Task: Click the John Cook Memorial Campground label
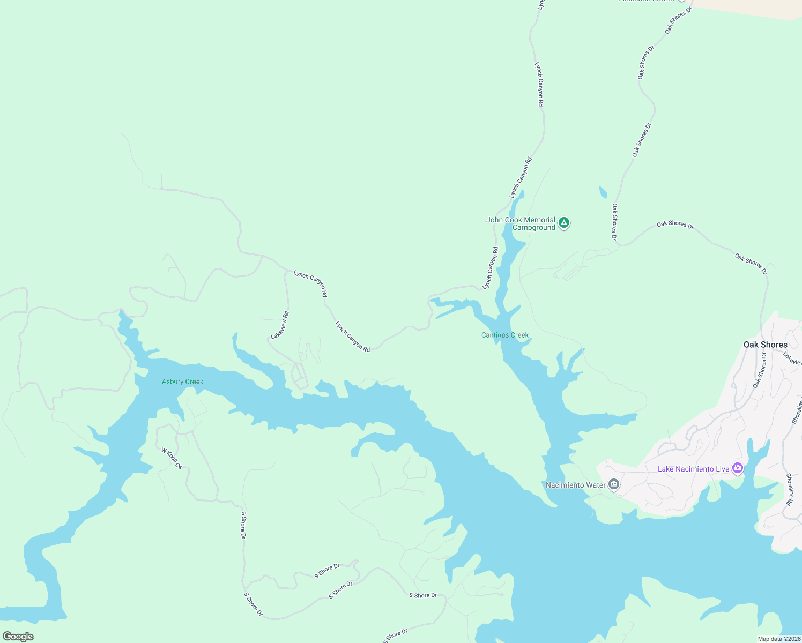click(x=521, y=224)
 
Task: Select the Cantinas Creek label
click(x=504, y=335)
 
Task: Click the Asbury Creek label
click(x=182, y=382)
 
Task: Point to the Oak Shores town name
click(x=765, y=345)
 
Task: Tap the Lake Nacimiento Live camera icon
click(x=738, y=468)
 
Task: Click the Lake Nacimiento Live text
click(x=693, y=469)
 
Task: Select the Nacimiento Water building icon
click(x=614, y=485)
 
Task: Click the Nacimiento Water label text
click(x=575, y=485)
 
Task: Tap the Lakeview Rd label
click(x=280, y=325)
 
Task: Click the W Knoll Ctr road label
click(x=172, y=459)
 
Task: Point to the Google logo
click(x=18, y=637)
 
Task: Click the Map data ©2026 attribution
click(x=778, y=639)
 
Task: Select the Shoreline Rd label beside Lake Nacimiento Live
click(x=789, y=489)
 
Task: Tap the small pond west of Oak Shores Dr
click(x=603, y=192)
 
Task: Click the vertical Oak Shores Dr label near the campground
click(x=614, y=222)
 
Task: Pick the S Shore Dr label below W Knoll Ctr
click(x=243, y=525)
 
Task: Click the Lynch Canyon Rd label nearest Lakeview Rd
click(x=310, y=283)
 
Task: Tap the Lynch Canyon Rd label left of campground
click(x=490, y=268)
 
